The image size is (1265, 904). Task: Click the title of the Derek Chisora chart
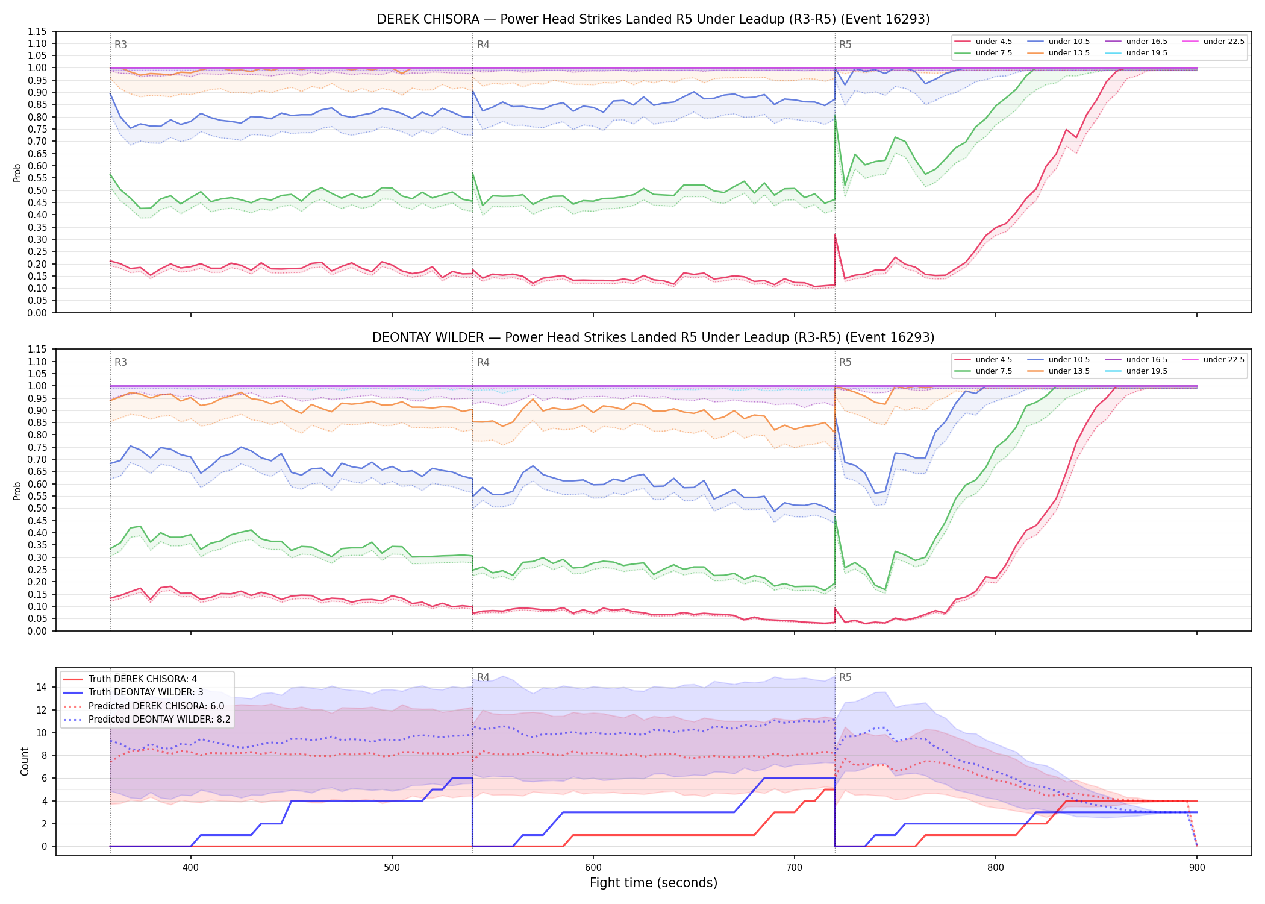click(x=653, y=19)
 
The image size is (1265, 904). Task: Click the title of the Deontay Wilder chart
click(x=653, y=337)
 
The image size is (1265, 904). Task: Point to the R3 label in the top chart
click(x=120, y=45)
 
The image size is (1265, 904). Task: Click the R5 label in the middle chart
click(x=845, y=362)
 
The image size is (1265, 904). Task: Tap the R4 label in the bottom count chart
click(x=483, y=677)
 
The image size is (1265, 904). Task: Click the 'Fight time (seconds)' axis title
click(x=654, y=883)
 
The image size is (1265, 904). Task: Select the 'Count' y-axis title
click(x=25, y=761)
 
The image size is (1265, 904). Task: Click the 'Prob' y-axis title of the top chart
click(x=17, y=172)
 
